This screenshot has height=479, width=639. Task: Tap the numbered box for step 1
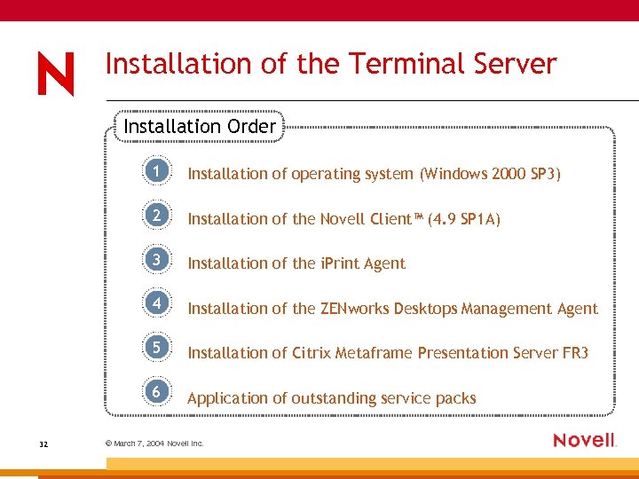(x=156, y=171)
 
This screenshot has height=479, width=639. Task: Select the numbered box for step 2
(x=156, y=216)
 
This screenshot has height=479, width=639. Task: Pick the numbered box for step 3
(x=156, y=260)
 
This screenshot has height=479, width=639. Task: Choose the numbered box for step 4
(x=156, y=303)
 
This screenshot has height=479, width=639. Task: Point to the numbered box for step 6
(x=156, y=392)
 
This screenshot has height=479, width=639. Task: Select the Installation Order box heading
(x=200, y=127)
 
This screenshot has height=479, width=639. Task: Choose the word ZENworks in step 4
(x=354, y=309)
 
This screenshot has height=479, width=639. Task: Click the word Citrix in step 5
(x=313, y=353)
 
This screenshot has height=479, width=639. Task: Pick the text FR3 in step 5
(x=575, y=353)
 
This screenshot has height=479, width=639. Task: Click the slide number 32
(x=44, y=443)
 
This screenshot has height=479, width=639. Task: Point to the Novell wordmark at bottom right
(x=584, y=440)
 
